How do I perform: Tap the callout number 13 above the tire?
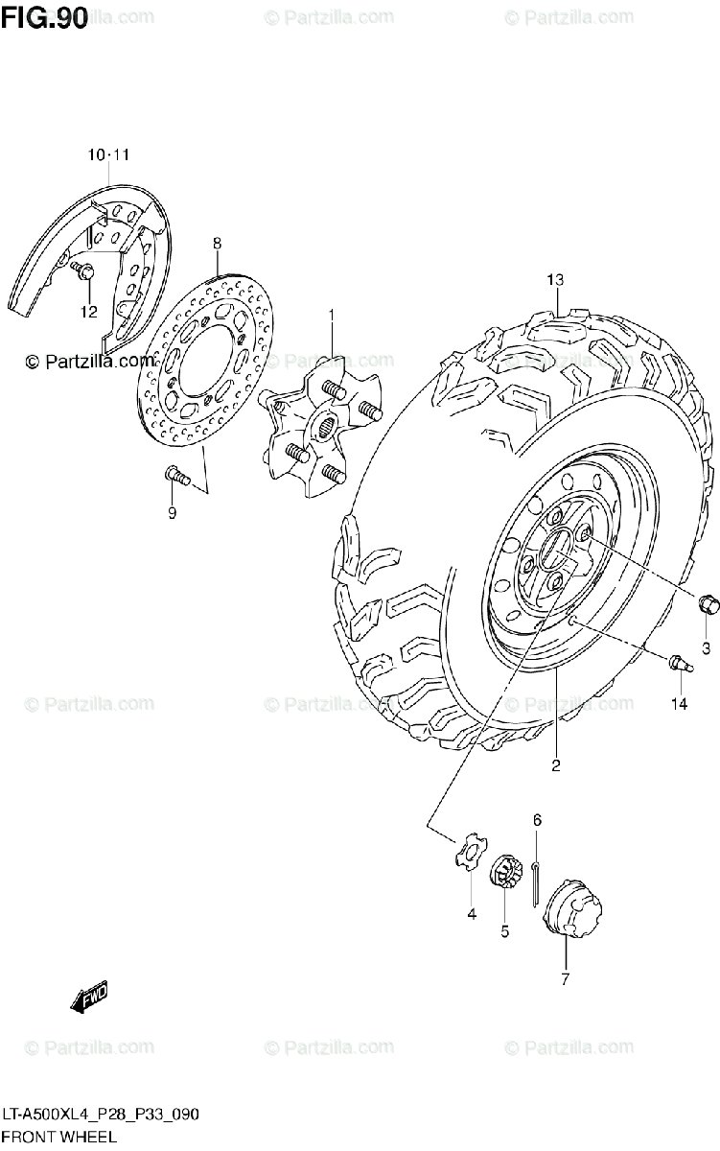coord(555,280)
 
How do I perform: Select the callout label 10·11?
coord(108,154)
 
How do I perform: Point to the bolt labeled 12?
coord(83,273)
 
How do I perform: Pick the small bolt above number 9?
coord(175,473)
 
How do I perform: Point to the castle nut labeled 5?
coord(504,876)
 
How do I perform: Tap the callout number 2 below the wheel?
coord(555,765)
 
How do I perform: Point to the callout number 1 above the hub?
coord(332,315)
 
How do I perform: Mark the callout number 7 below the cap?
coord(565,979)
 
